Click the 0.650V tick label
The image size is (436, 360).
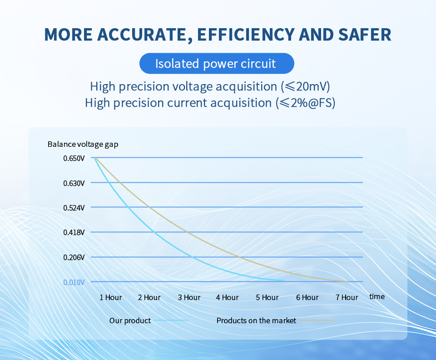click(x=74, y=158)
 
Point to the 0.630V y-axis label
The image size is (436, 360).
click(x=74, y=183)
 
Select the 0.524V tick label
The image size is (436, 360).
click(x=74, y=208)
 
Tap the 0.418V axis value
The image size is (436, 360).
click(x=74, y=232)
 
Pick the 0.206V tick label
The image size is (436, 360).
click(x=74, y=257)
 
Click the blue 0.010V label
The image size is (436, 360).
click(x=74, y=282)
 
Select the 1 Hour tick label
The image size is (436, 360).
click(x=111, y=297)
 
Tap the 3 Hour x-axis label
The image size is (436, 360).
click(x=189, y=297)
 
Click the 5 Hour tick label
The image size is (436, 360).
click(x=267, y=297)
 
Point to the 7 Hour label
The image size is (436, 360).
click(x=347, y=297)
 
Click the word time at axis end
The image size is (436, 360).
click(x=377, y=296)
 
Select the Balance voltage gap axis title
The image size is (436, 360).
click(x=83, y=145)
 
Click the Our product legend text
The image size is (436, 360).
click(x=130, y=321)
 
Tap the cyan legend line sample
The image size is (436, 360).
click(x=171, y=320)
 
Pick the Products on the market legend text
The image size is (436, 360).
click(x=256, y=320)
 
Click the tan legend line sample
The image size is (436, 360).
click(x=317, y=320)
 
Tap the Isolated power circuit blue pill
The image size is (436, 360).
click(x=217, y=64)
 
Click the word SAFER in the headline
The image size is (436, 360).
click(x=365, y=35)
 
